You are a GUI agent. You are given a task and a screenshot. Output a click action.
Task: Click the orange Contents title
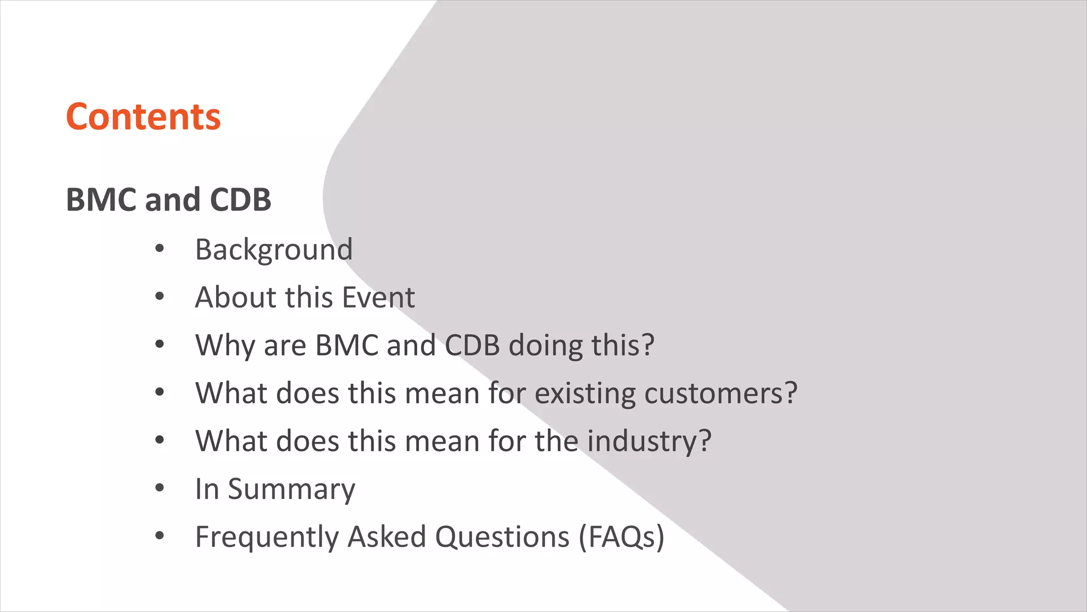[x=143, y=117]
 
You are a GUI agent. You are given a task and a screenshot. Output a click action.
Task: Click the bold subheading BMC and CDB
[x=168, y=200]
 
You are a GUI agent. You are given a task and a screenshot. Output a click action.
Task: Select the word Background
[x=274, y=250]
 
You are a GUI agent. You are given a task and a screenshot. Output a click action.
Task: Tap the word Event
[x=378, y=297]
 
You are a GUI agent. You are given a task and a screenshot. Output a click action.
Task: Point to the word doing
[x=546, y=345]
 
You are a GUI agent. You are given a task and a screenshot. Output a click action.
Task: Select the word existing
[x=585, y=393]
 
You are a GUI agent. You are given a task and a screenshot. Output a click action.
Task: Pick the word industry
[x=649, y=441]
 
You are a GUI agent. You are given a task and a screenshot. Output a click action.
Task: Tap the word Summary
[x=291, y=489]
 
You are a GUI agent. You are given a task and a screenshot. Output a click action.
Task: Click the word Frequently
[x=267, y=537]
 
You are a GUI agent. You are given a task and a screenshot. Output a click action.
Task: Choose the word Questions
[x=502, y=537]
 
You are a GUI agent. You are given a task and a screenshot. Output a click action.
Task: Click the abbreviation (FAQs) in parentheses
[x=622, y=537]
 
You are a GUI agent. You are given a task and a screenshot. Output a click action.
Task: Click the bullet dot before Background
[x=160, y=249]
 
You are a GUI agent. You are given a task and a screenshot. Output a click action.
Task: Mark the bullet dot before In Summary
[x=160, y=488]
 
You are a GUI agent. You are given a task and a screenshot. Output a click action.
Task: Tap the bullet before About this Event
[x=160, y=296]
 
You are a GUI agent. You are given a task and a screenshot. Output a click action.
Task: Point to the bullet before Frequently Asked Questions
[x=160, y=535]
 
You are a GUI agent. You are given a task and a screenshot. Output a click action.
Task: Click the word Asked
[x=387, y=537]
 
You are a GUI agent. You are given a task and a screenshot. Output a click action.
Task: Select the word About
[x=236, y=297]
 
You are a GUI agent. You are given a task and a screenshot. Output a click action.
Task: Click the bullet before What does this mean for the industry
[x=160, y=440]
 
